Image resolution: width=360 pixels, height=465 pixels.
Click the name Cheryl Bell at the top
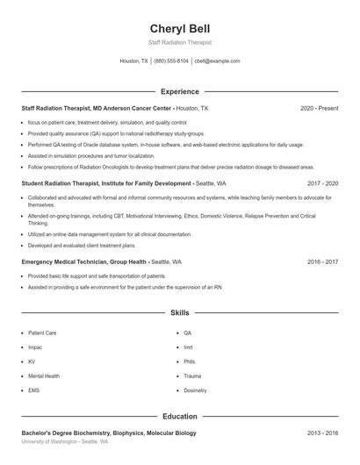[180, 28]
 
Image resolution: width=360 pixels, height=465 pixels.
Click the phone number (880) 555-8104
[171, 61]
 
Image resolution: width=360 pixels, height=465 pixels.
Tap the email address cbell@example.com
[217, 61]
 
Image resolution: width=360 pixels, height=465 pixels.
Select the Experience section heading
[180, 91]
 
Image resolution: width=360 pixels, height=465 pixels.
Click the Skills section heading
[180, 312]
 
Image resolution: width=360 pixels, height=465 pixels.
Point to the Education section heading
[180, 417]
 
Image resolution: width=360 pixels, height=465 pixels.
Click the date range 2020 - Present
[319, 109]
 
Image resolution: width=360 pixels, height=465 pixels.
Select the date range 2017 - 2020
[322, 184]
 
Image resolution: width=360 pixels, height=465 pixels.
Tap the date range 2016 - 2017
[322, 262]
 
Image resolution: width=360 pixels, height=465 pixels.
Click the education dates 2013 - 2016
[322, 433]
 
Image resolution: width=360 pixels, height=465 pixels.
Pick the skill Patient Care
[42, 333]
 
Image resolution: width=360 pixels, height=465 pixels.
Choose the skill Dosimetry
[195, 390]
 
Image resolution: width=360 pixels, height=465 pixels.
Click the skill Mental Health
[43, 376]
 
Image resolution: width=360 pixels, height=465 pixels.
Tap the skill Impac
[36, 347]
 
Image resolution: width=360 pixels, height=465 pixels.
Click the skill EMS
[34, 390]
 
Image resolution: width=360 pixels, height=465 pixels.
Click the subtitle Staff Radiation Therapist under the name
[180, 42]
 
